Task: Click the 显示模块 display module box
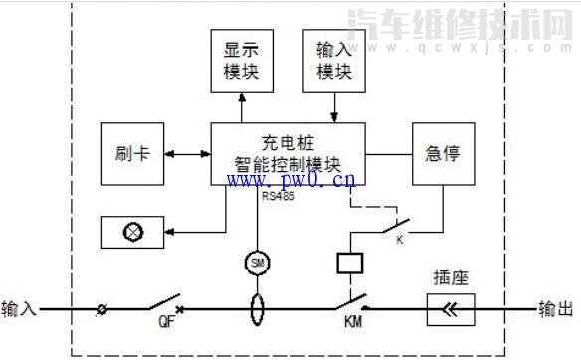pyautogui.click(x=242, y=60)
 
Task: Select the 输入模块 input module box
pyautogui.click(x=335, y=60)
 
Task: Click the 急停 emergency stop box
pyautogui.click(x=443, y=154)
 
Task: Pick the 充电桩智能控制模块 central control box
pyautogui.click(x=288, y=154)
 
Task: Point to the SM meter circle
pyautogui.click(x=258, y=262)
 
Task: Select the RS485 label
pyautogui.click(x=278, y=196)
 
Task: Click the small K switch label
pyautogui.click(x=401, y=240)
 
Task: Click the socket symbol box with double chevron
pyautogui.click(x=451, y=309)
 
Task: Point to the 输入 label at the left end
pyautogui.click(x=19, y=309)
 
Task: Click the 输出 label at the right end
pyautogui.click(x=556, y=309)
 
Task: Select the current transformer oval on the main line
pyautogui.click(x=258, y=308)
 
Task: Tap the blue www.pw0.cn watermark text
pyautogui.click(x=291, y=181)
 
